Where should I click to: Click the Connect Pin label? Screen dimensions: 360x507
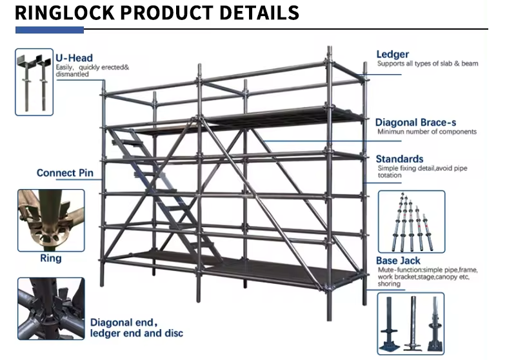pyautogui.click(x=65, y=173)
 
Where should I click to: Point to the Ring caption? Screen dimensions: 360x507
pyautogui.click(x=50, y=258)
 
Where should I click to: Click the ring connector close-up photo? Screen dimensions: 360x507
pyautogui.click(x=50, y=220)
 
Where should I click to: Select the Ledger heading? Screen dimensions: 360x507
pyautogui.click(x=393, y=55)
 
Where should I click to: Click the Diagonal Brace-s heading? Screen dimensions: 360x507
pyautogui.click(x=417, y=122)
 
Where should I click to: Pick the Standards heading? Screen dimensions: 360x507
pyautogui.click(x=400, y=159)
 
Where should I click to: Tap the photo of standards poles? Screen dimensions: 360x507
pyautogui.click(x=410, y=221)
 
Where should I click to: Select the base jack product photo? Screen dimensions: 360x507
pyautogui.click(x=410, y=322)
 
